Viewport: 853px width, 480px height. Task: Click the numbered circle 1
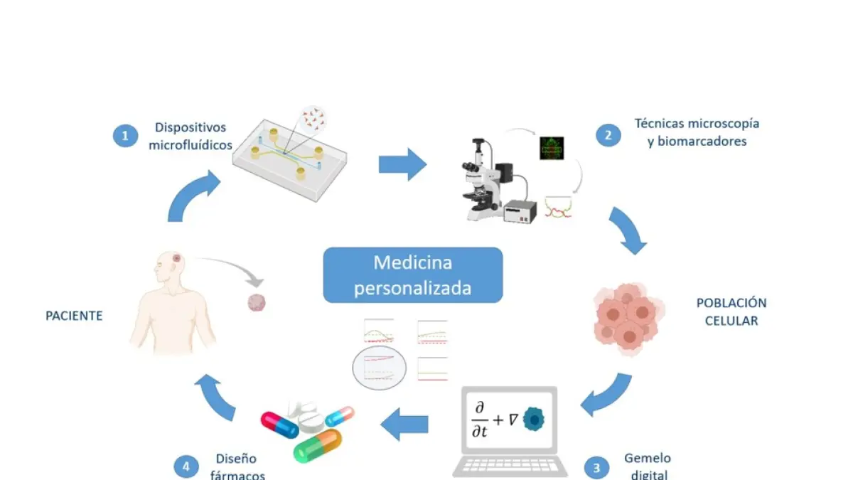pyautogui.click(x=125, y=135)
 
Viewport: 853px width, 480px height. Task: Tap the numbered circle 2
pyautogui.click(x=608, y=134)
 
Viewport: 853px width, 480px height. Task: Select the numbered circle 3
pyautogui.click(x=596, y=467)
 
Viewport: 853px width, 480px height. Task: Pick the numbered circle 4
pyautogui.click(x=186, y=466)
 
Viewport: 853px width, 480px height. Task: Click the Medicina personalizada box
pyautogui.click(x=412, y=275)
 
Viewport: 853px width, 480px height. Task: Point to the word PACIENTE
pyautogui.click(x=74, y=315)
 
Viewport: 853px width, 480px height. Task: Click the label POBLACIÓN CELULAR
pyautogui.click(x=731, y=311)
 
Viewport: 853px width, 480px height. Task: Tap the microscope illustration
pyautogui.click(x=490, y=178)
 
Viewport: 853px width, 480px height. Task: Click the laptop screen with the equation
pyautogui.click(x=510, y=421)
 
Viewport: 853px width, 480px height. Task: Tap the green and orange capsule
pyautogui.click(x=317, y=445)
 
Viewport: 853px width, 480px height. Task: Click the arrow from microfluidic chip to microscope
pyautogui.click(x=402, y=164)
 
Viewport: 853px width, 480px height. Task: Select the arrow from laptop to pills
pyautogui.click(x=404, y=425)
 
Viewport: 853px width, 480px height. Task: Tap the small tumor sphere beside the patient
pyautogui.click(x=255, y=303)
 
